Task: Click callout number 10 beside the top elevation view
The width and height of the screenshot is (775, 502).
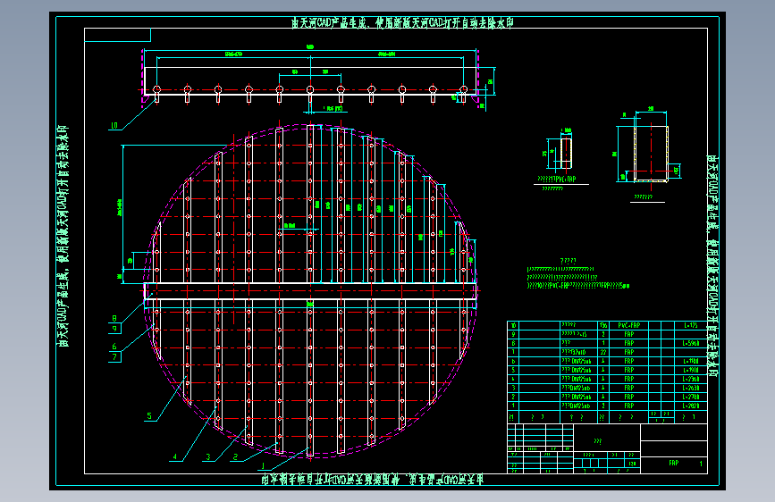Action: pos(114,125)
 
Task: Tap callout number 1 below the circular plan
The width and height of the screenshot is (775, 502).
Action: pos(262,464)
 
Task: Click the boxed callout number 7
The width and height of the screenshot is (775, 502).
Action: pos(114,356)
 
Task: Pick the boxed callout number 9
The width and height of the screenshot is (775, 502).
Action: pos(114,329)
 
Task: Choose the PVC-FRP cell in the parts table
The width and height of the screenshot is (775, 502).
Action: pos(628,325)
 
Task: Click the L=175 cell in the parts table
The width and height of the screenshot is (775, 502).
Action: pos(689,325)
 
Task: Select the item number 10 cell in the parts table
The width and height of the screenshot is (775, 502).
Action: pos(513,325)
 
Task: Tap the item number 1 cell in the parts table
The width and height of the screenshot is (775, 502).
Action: pos(513,406)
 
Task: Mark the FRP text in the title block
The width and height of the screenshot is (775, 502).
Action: pos(673,464)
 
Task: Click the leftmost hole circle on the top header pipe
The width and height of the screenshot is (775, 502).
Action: pos(156,89)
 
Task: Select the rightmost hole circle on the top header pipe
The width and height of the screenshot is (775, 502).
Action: pos(463,89)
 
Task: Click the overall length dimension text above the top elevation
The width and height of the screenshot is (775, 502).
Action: pos(309,46)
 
